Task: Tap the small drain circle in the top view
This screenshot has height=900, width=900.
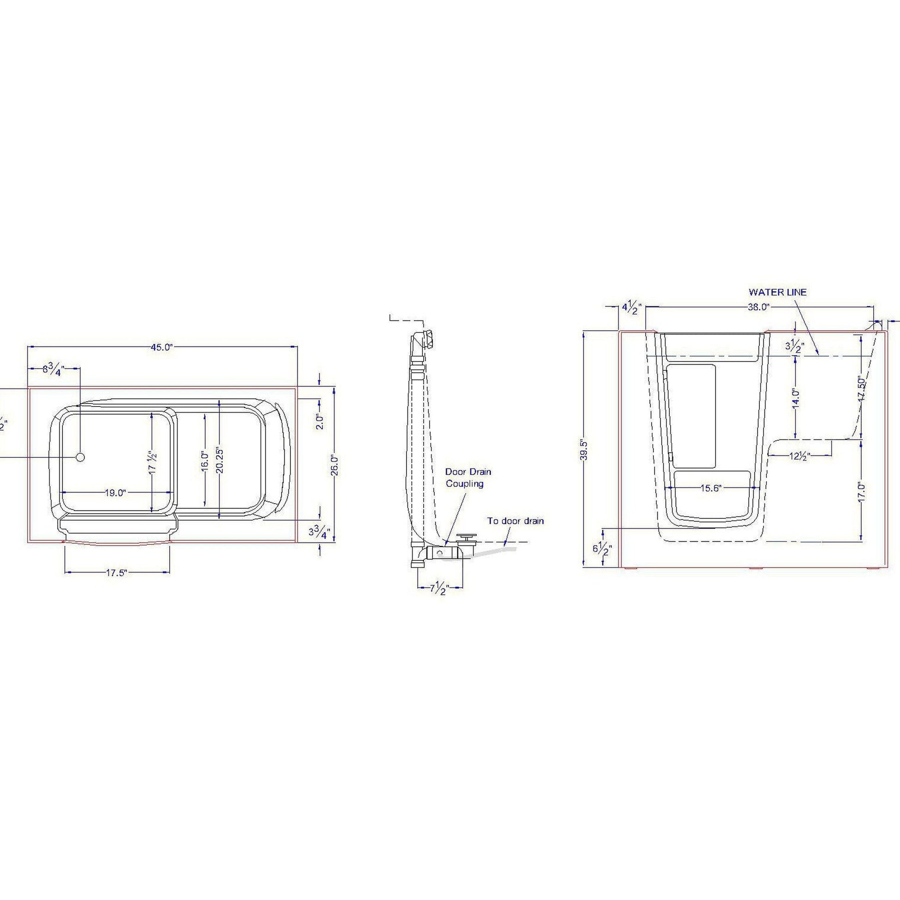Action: click(80, 457)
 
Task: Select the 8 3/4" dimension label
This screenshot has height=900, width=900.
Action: click(53, 369)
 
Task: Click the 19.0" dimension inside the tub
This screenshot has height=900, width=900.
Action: click(115, 493)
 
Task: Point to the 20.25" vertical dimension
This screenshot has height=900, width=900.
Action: click(220, 460)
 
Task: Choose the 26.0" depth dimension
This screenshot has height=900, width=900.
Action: click(334, 465)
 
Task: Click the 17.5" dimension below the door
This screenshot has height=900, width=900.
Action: click(117, 573)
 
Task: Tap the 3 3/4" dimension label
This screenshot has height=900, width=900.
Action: click(319, 532)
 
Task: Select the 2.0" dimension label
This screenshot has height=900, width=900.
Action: click(319, 422)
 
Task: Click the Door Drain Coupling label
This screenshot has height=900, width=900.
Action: click(468, 477)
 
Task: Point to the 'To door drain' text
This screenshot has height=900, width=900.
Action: click(516, 521)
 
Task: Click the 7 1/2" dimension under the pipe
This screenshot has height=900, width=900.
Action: click(438, 589)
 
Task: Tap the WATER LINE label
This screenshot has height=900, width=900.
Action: click(777, 292)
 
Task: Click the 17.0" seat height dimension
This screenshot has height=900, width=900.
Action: click(861, 492)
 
